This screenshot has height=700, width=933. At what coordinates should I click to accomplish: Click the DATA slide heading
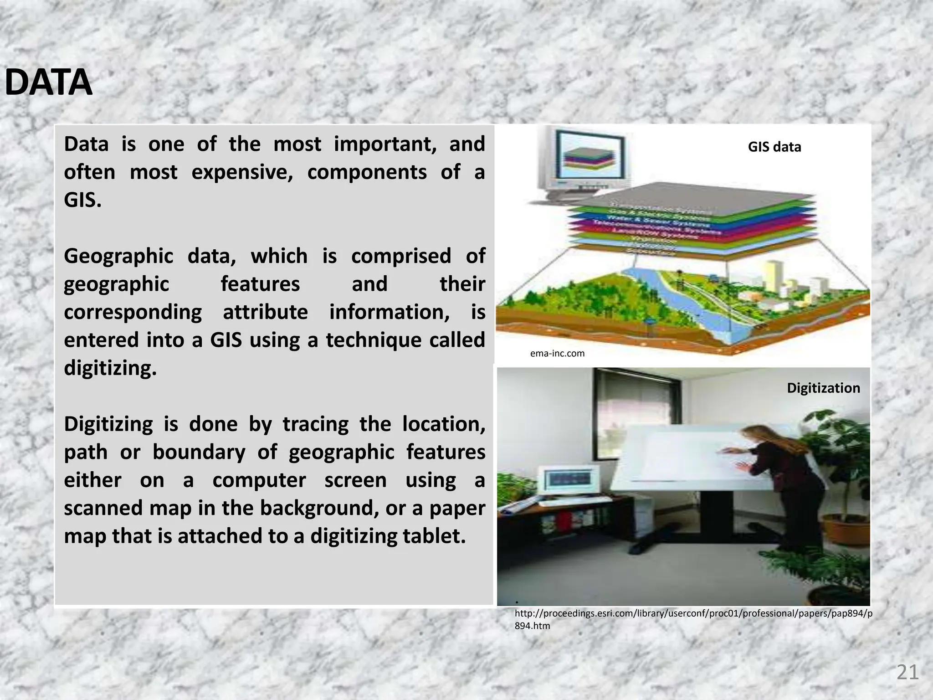(x=48, y=83)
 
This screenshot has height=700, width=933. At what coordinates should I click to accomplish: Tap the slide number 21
(x=907, y=673)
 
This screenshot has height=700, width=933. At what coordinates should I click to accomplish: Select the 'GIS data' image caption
(x=774, y=147)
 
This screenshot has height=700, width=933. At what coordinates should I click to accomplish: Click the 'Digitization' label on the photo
(x=823, y=388)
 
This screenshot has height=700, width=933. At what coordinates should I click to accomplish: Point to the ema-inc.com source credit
(x=557, y=353)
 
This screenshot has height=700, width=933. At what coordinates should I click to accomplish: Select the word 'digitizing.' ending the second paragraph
(x=110, y=368)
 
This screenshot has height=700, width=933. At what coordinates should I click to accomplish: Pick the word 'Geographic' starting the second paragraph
(x=118, y=256)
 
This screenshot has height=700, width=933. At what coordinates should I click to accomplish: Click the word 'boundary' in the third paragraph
(x=199, y=452)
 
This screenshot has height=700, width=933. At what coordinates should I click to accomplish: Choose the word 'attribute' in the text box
(x=265, y=312)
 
